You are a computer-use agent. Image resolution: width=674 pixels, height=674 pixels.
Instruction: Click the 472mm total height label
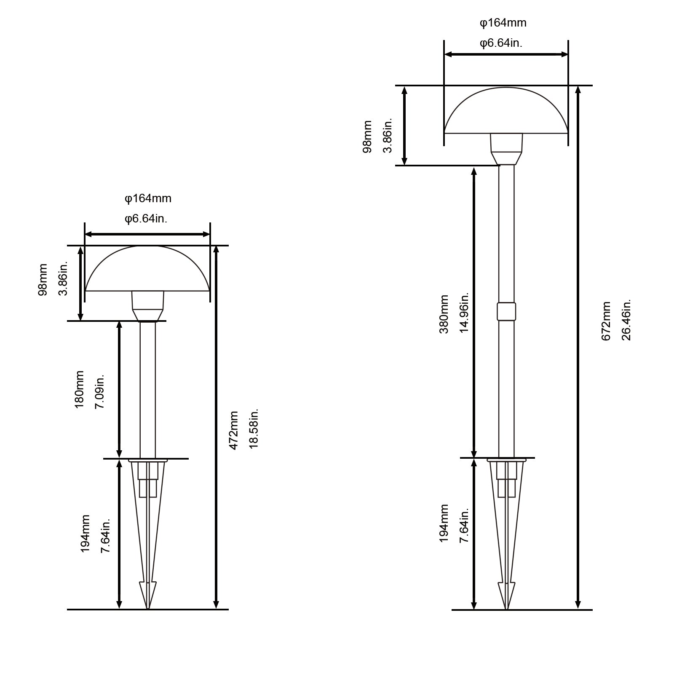[234, 431]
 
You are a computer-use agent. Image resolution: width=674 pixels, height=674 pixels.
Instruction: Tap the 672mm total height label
[606, 321]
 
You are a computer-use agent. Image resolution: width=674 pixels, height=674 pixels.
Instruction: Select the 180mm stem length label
[79, 389]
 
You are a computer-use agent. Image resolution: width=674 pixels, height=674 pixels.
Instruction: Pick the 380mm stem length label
[444, 314]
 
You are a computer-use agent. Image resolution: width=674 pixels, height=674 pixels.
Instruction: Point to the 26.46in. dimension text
[626, 320]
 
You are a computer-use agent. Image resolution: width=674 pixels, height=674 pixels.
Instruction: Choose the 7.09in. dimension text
[100, 391]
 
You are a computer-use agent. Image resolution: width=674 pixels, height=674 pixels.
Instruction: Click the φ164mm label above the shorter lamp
[148, 198]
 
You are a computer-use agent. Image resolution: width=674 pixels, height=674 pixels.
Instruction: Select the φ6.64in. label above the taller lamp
[501, 43]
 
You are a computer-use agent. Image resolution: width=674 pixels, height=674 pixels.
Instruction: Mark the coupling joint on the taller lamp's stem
[506, 311]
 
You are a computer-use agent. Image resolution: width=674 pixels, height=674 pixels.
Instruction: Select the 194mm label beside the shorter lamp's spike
[85, 533]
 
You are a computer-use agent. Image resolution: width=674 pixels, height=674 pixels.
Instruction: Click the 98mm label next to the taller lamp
[367, 136]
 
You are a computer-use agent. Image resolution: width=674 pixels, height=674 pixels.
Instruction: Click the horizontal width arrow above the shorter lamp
[147, 235]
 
